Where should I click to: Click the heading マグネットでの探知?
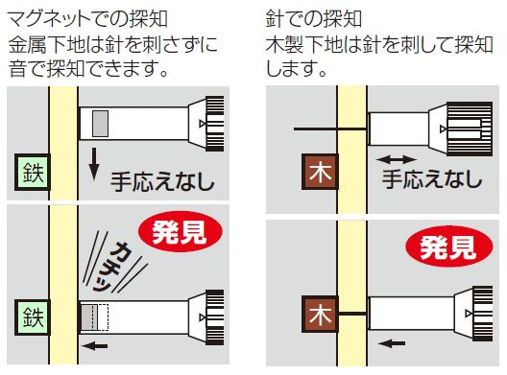(x=87, y=19)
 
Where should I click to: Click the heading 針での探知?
(x=313, y=19)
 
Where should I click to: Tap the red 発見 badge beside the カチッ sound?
(x=181, y=231)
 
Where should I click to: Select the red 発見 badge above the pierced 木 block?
(x=449, y=246)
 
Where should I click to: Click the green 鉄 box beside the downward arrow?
(x=33, y=173)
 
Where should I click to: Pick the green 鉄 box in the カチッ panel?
(x=33, y=317)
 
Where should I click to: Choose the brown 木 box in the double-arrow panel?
(x=320, y=172)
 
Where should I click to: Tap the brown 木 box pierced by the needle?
(x=320, y=315)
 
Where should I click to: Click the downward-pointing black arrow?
(x=94, y=164)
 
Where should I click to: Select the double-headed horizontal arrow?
(x=396, y=159)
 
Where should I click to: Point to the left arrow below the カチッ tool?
(x=94, y=346)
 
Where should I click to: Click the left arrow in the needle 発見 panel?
(x=392, y=343)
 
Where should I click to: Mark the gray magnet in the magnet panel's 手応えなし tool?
(x=100, y=124)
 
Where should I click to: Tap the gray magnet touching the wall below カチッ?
(x=89, y=317)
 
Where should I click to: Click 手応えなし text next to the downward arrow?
(x=162, y=182)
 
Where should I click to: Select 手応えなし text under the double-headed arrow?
(x=432, y=179)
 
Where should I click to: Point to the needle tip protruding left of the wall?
(x=294, y=129)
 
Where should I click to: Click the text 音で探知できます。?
(x=88, y=68)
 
